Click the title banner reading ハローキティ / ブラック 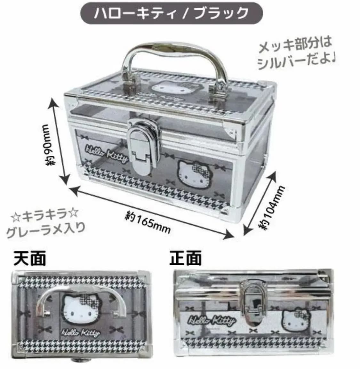[172, 13]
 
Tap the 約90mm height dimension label [50, 144]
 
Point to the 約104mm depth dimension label [272, 208]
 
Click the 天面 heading [29, 258]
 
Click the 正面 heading [185, 258]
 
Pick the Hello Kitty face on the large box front [194, 174]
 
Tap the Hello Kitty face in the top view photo [82, 308]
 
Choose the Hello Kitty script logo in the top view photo [80, 333]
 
